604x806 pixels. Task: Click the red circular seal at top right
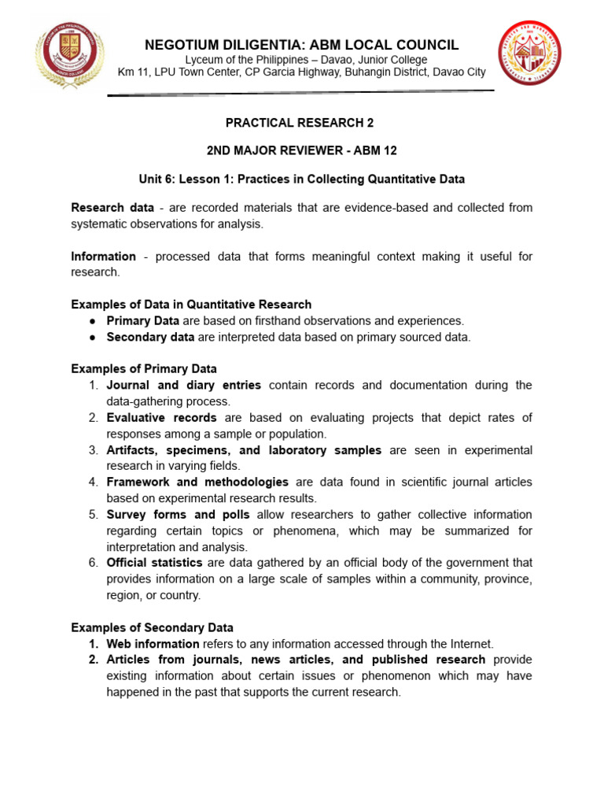point(529,54)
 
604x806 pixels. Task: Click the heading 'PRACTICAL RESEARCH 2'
point(300,123)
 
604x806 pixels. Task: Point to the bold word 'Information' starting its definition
point(103,257)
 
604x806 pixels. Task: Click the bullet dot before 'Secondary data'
point(92,337)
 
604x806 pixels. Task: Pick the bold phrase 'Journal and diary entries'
point(183,386)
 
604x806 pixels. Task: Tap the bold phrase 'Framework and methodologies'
point(197,482)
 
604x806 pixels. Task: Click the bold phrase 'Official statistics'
point(154,563)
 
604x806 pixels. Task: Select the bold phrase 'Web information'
point(153,644)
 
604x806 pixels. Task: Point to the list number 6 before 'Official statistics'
point(92,563)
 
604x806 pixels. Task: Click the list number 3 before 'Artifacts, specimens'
point(92,450)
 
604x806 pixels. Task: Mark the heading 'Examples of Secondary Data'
point(152,627)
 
